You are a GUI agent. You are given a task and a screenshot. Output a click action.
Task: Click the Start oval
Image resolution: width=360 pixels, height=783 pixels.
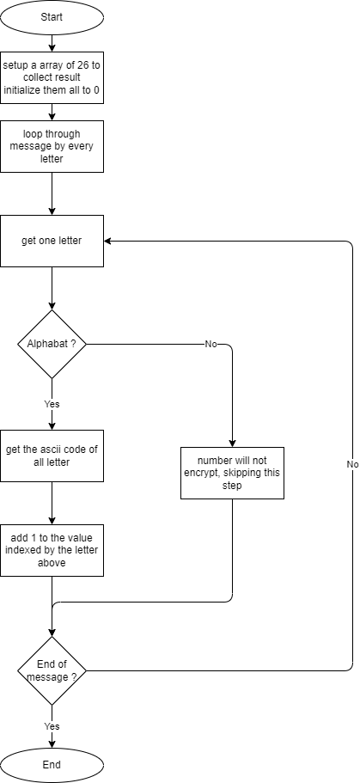(52, 17)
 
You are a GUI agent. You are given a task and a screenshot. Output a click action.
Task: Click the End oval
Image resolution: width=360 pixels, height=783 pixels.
(52, 765)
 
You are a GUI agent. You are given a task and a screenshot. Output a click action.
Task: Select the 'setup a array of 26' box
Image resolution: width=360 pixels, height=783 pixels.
(52, 77)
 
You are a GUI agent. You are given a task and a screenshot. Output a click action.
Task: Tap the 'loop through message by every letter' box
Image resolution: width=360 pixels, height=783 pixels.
(52, 146)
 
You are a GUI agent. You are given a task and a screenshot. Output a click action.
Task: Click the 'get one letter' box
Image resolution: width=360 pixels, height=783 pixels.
(52, 241)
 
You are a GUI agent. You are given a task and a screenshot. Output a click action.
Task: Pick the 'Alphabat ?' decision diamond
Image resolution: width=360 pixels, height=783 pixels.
(52, 344)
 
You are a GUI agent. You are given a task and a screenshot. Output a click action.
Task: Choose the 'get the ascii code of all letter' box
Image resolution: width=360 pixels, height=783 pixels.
(52, 456)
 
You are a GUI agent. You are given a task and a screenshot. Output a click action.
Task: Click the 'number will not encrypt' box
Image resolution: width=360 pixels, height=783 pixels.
(232, 473)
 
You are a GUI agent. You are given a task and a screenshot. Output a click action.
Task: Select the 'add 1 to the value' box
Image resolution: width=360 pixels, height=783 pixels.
(52, 550)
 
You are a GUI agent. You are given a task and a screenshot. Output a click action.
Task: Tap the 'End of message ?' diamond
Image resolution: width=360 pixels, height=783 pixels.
(52, 670)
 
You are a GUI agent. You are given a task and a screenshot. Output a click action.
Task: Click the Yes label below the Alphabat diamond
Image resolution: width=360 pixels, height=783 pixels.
(52, 404)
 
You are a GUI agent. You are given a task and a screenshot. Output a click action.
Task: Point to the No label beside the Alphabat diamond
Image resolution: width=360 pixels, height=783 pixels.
(211, 344)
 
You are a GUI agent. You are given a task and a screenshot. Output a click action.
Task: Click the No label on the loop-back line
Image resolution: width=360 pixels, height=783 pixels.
(352, 464)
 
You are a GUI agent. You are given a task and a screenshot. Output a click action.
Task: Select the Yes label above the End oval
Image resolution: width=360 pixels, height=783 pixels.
(52, 725)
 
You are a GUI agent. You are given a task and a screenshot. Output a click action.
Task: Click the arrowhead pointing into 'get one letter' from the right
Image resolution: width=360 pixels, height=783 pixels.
(107, 241)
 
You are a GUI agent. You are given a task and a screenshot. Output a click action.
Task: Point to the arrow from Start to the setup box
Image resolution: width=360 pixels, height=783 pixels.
(52, 42)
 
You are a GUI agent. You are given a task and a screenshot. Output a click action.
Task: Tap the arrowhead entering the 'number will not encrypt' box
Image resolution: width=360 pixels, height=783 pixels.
(232, 443)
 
